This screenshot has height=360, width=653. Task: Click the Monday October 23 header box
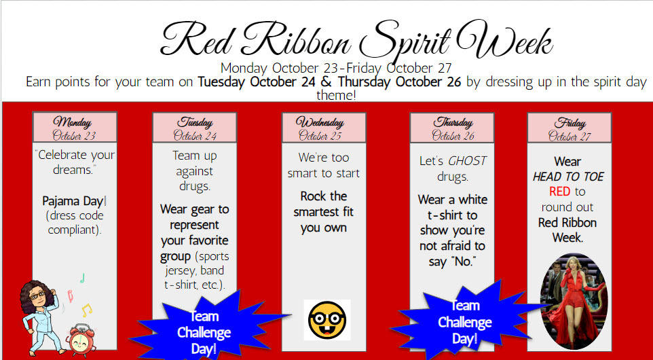coord(75,128)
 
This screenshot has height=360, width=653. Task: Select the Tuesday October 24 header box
coord(194,128)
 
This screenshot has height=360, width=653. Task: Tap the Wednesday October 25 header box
coord(324,128)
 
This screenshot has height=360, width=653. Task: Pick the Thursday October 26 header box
coord(453,128)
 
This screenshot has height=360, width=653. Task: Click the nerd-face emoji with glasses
coord(328,320)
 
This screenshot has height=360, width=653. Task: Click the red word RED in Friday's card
coord(560,192)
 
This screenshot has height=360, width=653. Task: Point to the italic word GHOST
coord(468,161)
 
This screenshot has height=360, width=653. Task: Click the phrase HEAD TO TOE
coord(568,177)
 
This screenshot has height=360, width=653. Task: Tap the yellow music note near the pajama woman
coord(86,310)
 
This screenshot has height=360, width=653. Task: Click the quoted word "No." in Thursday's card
coord(462,261)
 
